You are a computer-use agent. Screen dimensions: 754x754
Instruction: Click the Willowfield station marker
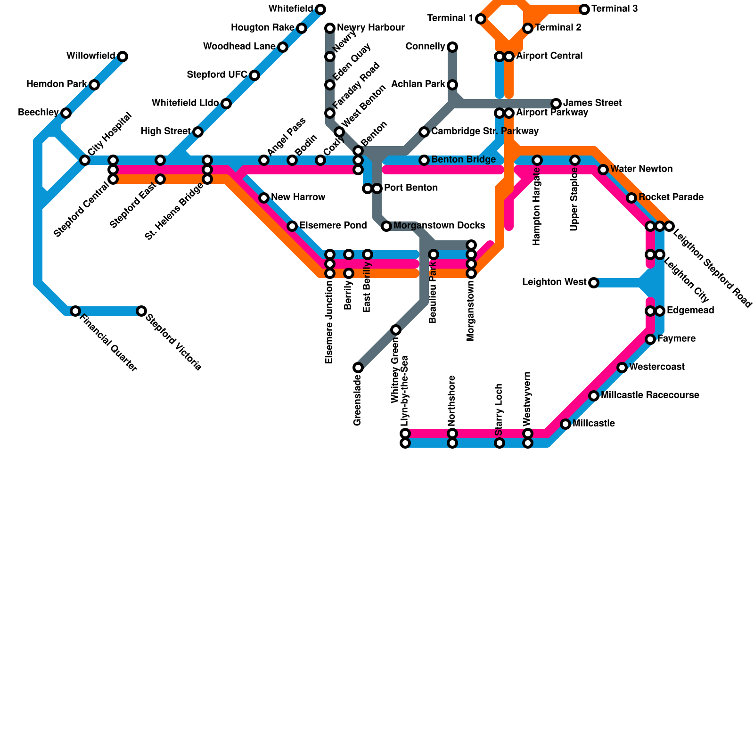123,57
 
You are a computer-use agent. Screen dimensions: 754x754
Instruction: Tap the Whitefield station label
290,8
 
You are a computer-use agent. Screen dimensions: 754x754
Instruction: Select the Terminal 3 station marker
584,9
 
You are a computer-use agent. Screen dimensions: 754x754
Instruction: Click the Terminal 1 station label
450,18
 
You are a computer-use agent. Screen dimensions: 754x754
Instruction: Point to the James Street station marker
556,104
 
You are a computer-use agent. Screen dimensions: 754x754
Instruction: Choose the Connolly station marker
452,47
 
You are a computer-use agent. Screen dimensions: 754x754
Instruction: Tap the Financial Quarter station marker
75,311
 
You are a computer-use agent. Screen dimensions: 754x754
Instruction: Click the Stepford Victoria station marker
141,311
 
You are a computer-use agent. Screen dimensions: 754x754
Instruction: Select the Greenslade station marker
358,368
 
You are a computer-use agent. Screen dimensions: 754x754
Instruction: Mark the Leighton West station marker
594,283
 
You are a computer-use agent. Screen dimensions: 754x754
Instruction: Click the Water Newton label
641,169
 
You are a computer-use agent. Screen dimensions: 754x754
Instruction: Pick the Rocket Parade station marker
631,198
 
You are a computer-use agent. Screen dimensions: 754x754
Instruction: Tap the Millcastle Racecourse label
650,395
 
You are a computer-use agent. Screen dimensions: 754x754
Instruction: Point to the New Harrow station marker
264,198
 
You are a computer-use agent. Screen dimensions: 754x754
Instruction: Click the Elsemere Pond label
333,226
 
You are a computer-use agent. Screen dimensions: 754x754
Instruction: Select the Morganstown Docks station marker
386,226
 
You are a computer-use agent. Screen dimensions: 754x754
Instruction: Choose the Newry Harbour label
370,28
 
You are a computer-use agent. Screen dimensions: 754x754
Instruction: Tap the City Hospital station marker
85,160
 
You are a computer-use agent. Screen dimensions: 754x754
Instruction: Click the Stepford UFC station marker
254,75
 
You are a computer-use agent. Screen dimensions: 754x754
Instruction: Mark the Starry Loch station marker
500,443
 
